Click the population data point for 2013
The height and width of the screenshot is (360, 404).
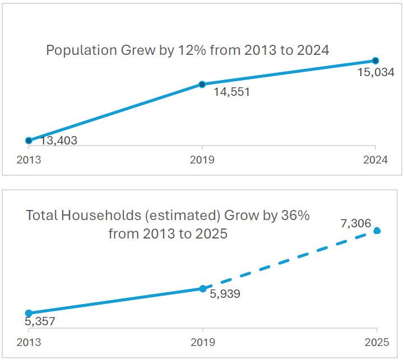[x=29, y=141]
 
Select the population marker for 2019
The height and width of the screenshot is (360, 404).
[x=202, y=85]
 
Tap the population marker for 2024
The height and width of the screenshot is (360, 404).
[x=375, y=60]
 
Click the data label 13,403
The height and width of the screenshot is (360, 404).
[x=59, y=141]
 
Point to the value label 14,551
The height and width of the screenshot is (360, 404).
[x=231, y=92]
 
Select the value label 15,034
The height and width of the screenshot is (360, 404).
[x=376, y=72]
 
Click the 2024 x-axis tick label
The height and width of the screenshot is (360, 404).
[x=375, y=160]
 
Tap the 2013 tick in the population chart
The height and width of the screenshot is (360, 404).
[x=29, y=160]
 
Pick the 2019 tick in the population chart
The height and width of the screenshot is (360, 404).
[x=202, y=160]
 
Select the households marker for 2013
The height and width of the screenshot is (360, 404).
[x=29, y=313]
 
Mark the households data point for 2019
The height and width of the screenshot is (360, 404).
[x=202, y=289]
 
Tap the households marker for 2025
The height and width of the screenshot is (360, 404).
[x=377, y=231]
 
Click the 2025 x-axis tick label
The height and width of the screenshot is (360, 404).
[x=377, y=342]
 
